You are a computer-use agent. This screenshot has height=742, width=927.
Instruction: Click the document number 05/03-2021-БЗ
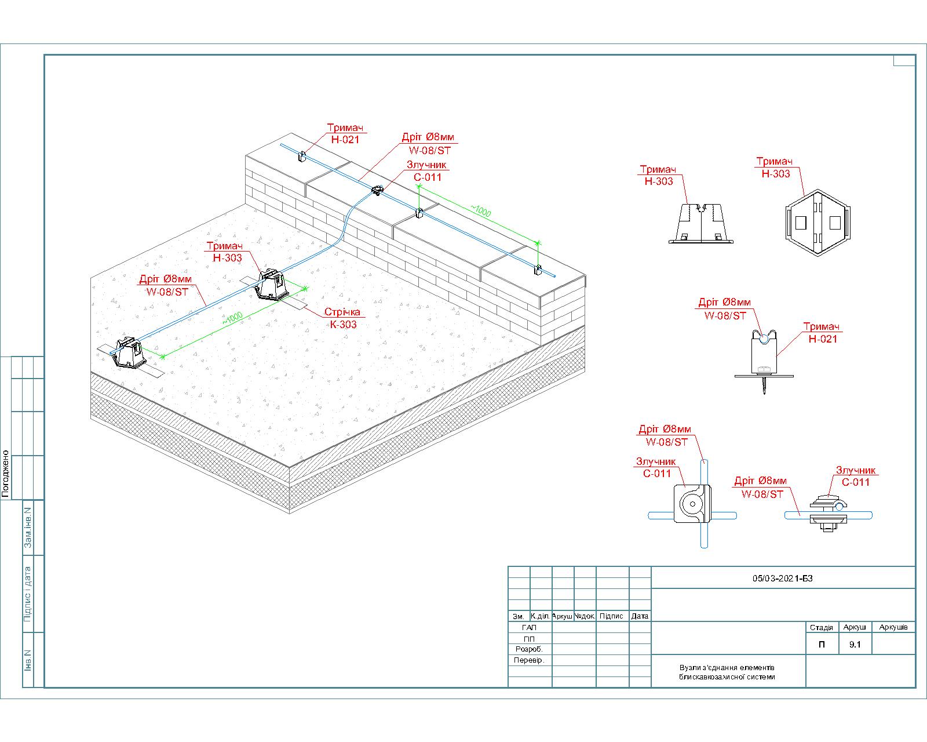tap(782, 578)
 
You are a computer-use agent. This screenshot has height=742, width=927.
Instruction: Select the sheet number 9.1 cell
tap(855, 645)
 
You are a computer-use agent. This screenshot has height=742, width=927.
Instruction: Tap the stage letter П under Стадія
tap(822, 645)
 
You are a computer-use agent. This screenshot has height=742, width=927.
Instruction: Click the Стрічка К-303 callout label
tap(343, 318)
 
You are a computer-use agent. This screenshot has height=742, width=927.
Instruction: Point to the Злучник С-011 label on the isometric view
tap(427, 171)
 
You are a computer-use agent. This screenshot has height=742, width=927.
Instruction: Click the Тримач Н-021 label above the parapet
tap(345, 133)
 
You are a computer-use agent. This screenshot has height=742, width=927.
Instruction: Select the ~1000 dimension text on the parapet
tap(481, 210)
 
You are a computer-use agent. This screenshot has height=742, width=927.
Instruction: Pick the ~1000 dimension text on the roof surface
tap(232, 318)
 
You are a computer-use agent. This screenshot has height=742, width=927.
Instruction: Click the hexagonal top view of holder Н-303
tap(817, 223)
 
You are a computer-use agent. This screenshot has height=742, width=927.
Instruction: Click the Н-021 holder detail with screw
tap(764, 361)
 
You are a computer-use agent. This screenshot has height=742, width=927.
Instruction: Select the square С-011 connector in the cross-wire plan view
tap(692, 504)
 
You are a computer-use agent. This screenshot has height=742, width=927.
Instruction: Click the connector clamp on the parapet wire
tap(377, 190)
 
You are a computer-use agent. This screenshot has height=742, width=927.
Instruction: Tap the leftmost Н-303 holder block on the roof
tap(129, 352)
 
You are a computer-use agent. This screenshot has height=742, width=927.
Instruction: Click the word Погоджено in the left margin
tap(6, 474)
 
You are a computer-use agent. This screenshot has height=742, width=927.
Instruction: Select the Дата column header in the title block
tap(640, 616)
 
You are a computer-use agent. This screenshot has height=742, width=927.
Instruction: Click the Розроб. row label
tap(529, 649)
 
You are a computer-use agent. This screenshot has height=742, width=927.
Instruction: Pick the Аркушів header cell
tap(893, 627)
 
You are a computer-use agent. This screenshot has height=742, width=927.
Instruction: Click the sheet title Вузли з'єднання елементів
tap(727, 668)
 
